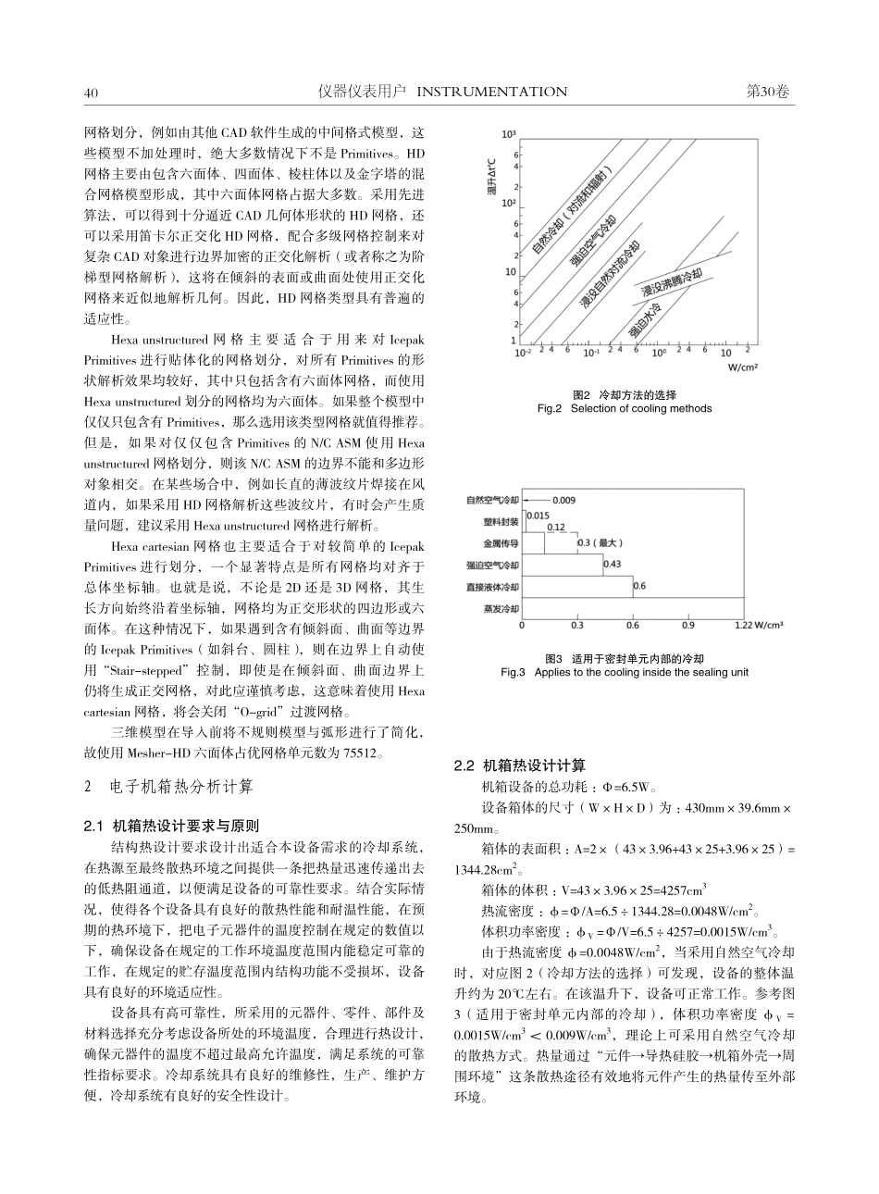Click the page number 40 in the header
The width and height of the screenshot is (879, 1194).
[91, 92]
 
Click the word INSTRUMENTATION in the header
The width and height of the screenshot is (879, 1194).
[492, 92]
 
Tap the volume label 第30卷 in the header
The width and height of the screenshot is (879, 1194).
[768, 92]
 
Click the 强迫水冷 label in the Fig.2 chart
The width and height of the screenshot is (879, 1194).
[646, 318]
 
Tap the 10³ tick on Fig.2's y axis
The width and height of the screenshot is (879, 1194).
[509, 134]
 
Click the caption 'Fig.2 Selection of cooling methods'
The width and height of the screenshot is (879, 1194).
[625, 408]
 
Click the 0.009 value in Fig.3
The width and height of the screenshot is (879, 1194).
[564, 500]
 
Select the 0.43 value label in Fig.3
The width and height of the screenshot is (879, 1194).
[612, 564]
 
